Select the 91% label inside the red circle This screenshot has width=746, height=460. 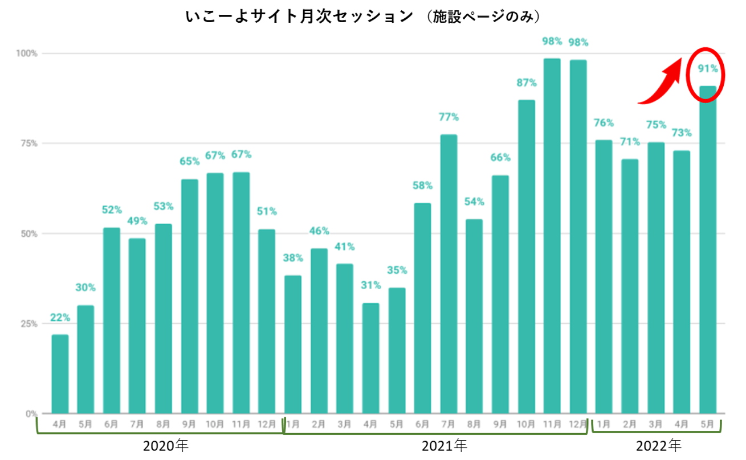click(708, 69)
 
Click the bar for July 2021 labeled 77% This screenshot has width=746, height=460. click(449, 273)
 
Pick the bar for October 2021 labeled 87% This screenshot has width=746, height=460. click(526, 256)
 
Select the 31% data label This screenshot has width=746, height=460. click(370, 285)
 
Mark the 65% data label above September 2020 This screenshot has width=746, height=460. click(190, 161)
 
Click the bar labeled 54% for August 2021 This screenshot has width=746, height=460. click(474, 316)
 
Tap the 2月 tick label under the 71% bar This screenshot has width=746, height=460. click(630, 424)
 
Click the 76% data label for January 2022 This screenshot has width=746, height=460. click(604, 122)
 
